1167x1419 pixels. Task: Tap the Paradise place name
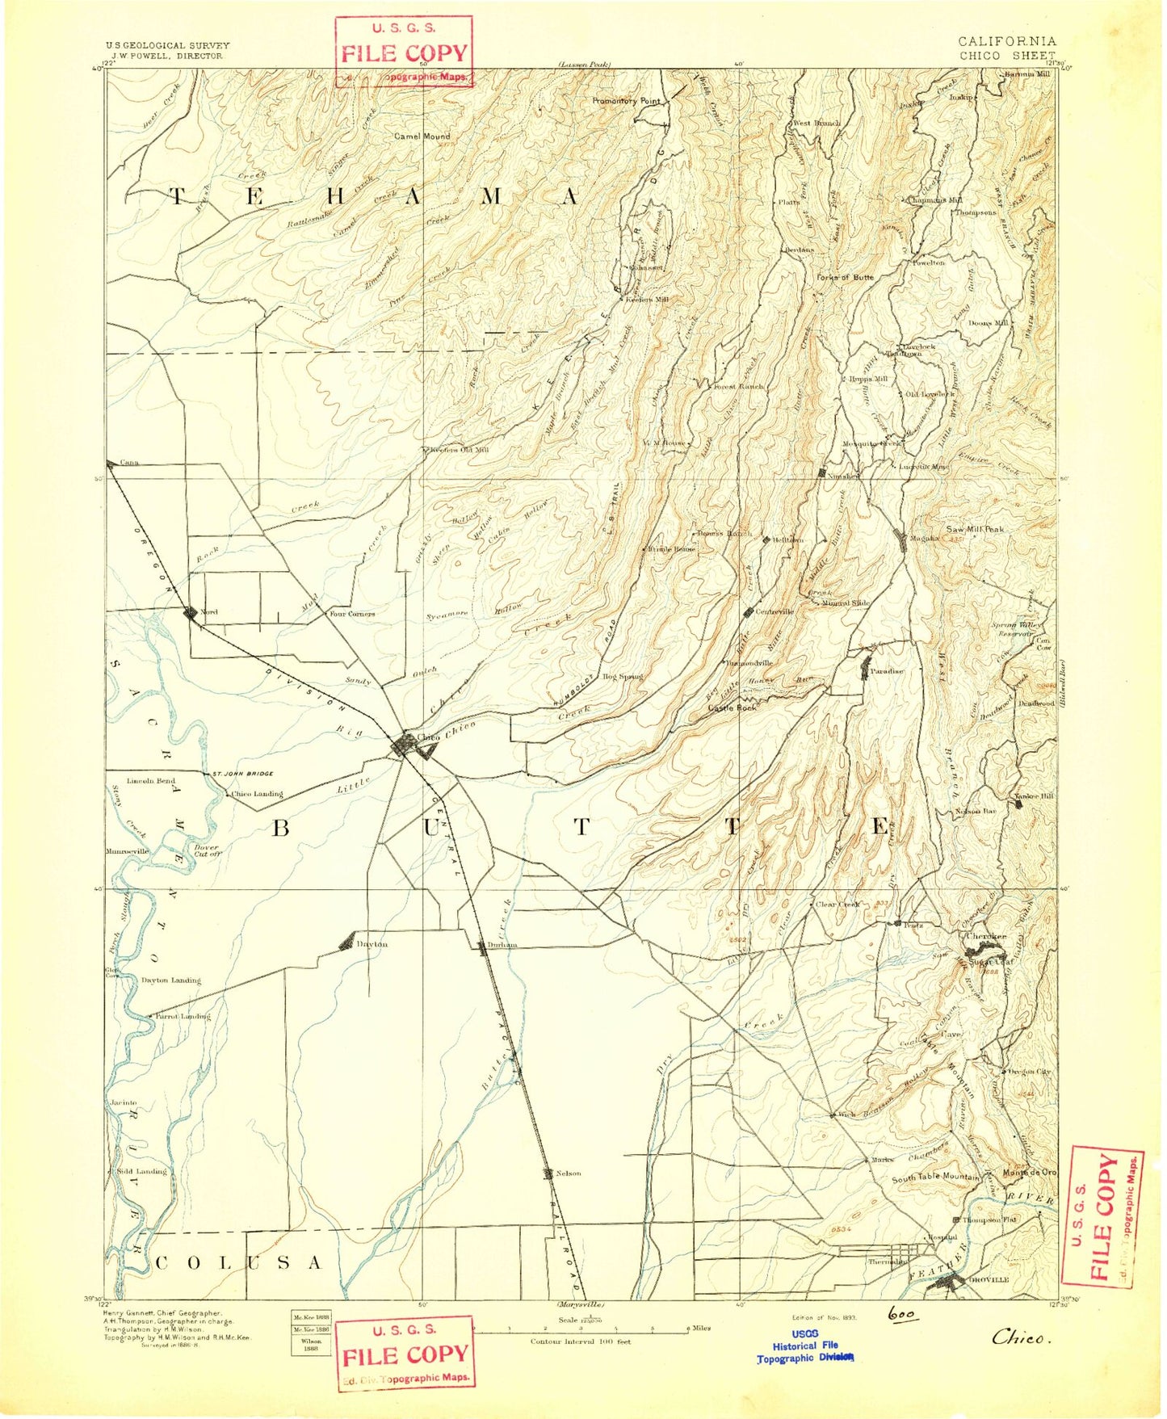(x=886, y=671)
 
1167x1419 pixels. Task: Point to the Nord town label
(x=209, y=612)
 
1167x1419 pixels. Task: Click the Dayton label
(x=372, y=944)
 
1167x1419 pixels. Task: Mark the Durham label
(x=502, y=945)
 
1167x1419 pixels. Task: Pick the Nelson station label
(x=568, y=1173)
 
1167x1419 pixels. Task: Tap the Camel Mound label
(x=422, y=136)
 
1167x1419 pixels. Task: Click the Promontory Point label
(x=626, y=101)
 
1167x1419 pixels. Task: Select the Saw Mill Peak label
(x=975, y=529)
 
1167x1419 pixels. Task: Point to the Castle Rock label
(x=732, y=707)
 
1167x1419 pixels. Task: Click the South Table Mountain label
(x=935, y=1178)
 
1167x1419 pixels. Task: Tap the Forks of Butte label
(x=845, y=277)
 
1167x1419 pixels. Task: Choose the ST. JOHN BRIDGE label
(x=240, y=775)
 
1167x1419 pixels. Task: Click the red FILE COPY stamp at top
(x=404, y=53)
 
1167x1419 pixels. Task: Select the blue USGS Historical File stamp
(x=804, y=1346)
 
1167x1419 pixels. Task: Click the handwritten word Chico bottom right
(x=1021, y=1338)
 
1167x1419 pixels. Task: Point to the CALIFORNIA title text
(x=1006, y=41)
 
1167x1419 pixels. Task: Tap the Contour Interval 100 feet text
(x=580, y=1341)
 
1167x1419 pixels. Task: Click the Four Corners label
(x=351, y=614)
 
